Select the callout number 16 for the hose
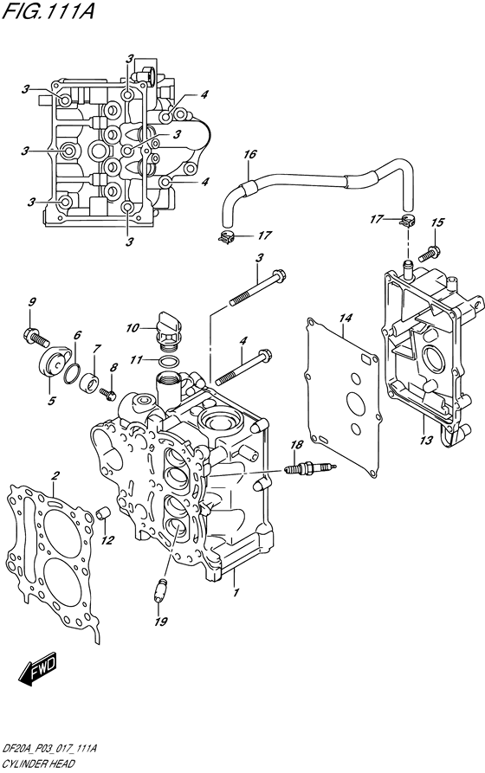pos(249,156)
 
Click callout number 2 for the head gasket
pos(55,475)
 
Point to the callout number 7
pos(96,348)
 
